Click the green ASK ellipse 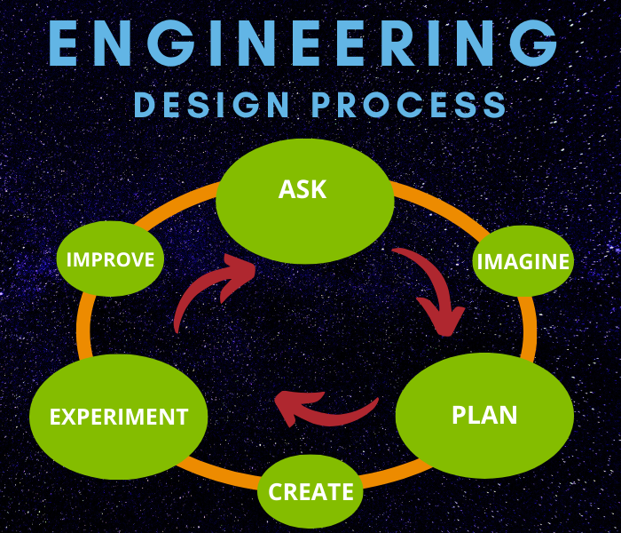tap(304, 201)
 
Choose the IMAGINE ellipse tap(523, 261)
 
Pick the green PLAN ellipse tap(484, 416)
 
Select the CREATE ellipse tap(310, 491)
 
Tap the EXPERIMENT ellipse tap(118, 417)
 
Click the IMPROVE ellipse tap(111, 259)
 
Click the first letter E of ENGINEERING tap(66, 42)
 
